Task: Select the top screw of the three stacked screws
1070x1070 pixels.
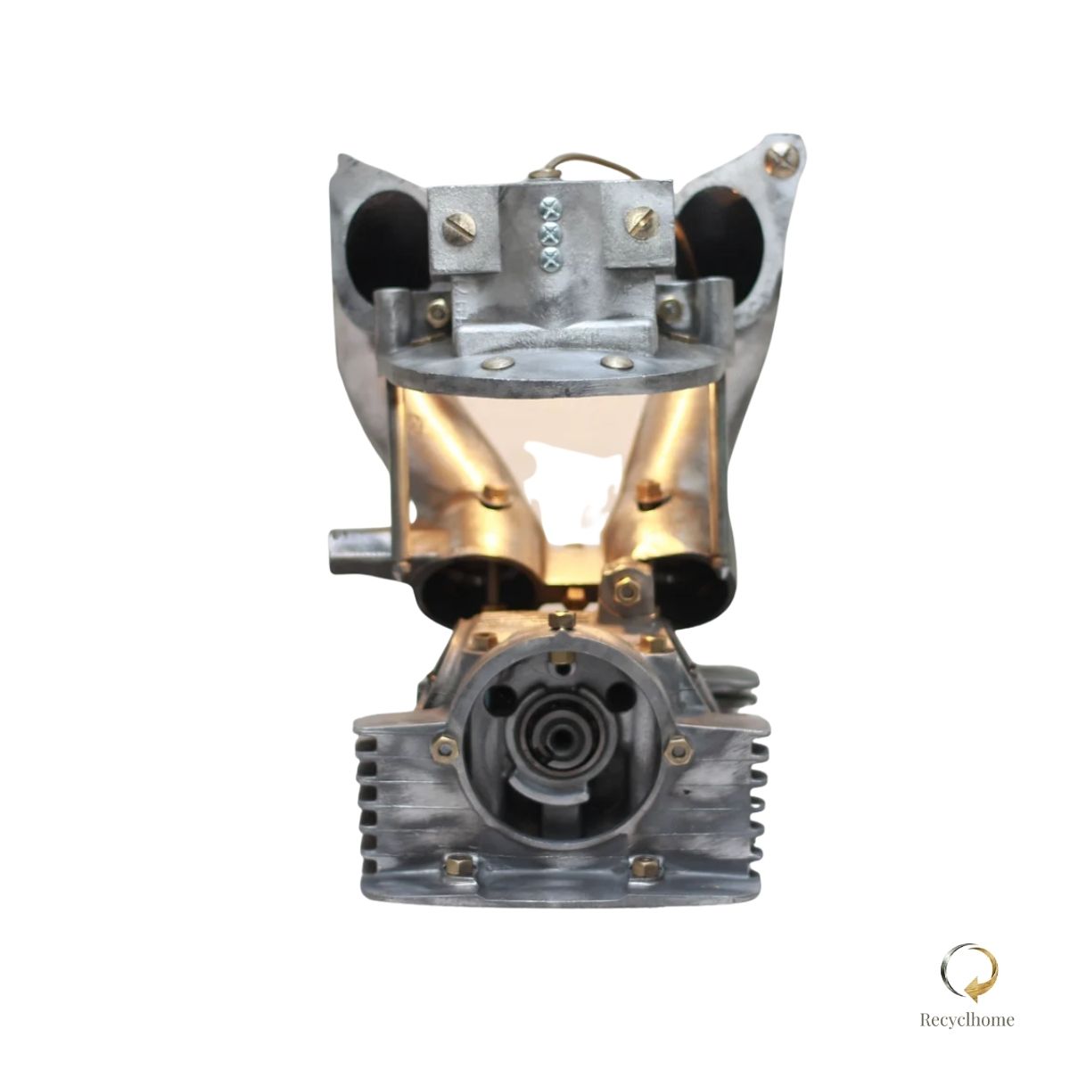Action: [x=551, y=211]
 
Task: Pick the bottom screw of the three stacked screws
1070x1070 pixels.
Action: [x=550, y=257]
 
